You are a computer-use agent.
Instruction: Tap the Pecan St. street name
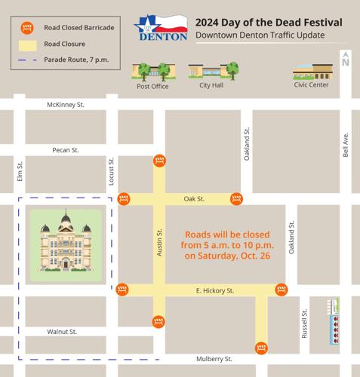click(x=66, y=150)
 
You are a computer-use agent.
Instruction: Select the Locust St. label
click(x=111, y=171)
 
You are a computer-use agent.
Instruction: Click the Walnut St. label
click(x=62, y=332)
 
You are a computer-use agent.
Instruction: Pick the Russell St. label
click(x=305, y=323)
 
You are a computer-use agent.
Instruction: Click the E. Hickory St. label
click(x=215, y=290)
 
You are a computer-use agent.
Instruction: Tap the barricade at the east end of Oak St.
click(x=236, y=199)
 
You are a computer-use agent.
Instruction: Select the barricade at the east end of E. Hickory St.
click(x=282, y=290)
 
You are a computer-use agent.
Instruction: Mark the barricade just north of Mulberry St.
click(x=261, y=348)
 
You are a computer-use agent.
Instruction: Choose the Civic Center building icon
click(x=312, y=72)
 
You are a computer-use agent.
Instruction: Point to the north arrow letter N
click(x=345, y=63)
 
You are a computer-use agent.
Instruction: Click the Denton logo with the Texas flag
click(x=160, y=28)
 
